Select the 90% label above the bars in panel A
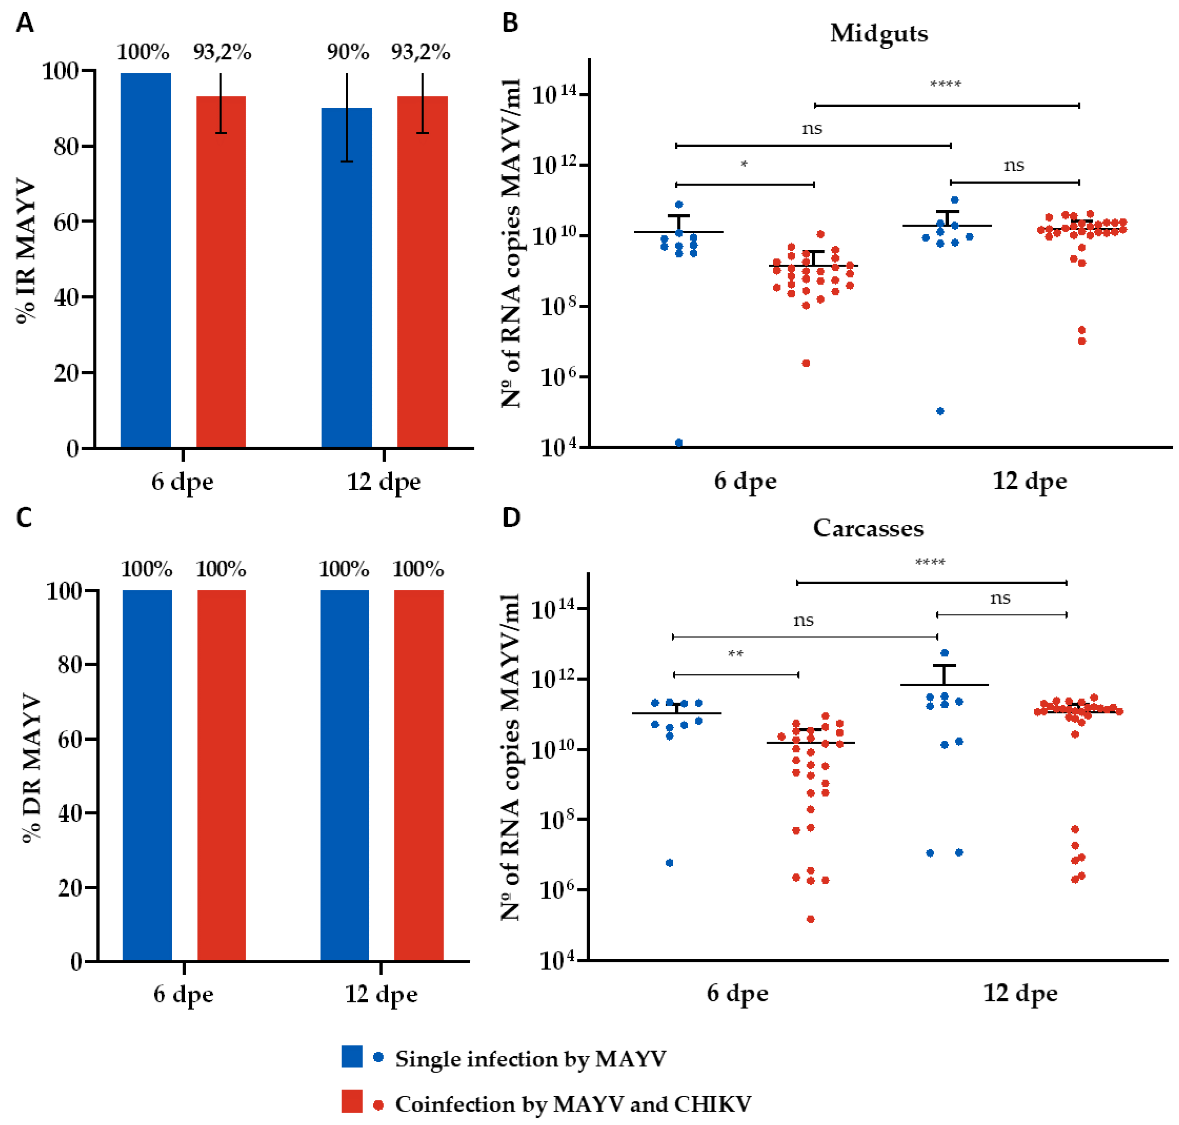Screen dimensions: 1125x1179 [x=348, y=53]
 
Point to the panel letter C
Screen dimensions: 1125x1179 [x=24, y=517]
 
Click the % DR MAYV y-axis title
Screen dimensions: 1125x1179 [x=31, y=767]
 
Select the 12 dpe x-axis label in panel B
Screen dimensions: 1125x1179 [x=1029, y=481]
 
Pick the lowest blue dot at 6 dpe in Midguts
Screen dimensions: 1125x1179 [x=679, y=443]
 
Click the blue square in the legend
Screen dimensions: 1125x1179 [x=352, y=1057]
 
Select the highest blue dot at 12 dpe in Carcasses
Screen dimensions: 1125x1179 [x=944, y=652]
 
